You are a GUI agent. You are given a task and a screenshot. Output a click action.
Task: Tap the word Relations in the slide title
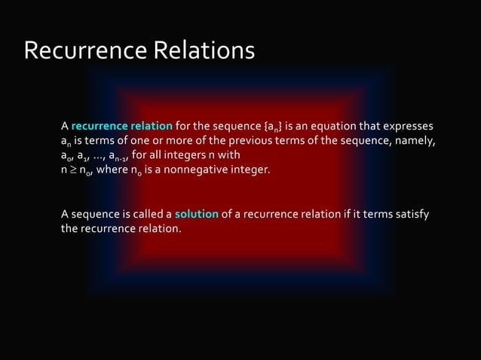[204, 50]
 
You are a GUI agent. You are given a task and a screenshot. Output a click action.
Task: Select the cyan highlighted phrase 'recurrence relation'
[122, 125]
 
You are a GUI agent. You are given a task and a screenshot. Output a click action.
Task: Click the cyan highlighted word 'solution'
[197, 215]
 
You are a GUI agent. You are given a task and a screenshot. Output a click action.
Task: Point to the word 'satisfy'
[412, 215]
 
